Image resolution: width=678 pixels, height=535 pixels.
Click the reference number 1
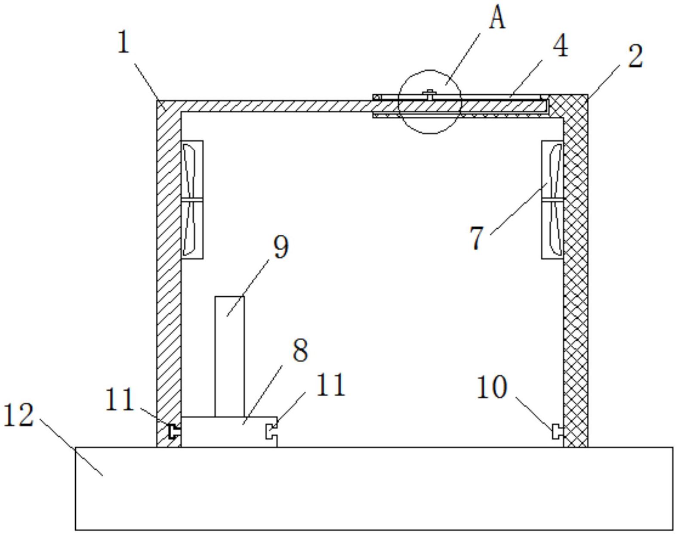[x=124, y=42]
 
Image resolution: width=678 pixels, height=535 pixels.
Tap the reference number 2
[x=635, y=57]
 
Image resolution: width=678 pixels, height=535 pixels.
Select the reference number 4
[x=561, y=46]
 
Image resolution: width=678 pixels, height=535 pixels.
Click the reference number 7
[x=477, y=238]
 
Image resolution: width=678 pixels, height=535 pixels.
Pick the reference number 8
[x=300, y=351]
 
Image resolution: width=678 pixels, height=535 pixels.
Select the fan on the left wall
[x=192, y=200]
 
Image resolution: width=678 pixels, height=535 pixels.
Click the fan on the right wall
[x=552, y=200]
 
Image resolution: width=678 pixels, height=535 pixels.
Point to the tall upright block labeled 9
[x=230, y=357]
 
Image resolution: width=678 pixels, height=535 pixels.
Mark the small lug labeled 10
[x=558, y=432]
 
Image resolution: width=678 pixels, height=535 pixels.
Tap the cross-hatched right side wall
[x=576, y=271]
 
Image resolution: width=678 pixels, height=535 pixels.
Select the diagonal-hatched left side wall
[x=169, y=274]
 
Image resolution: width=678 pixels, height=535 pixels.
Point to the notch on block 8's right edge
[x=271, y=432]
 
